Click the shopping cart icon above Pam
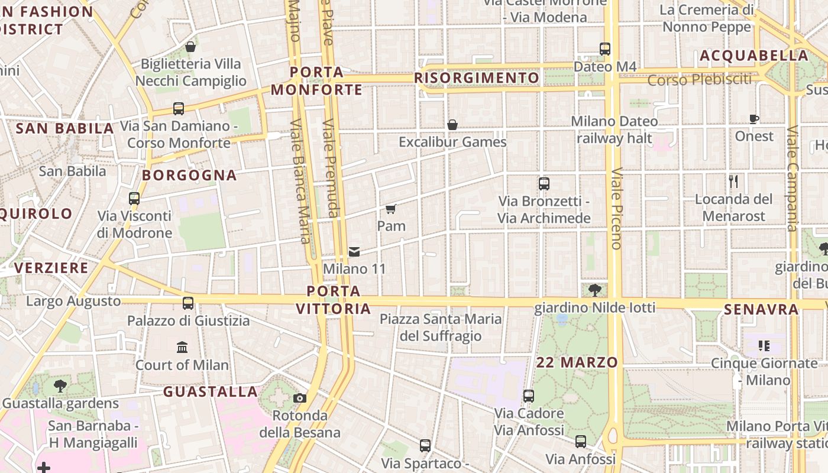point(390,209)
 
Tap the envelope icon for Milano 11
point(354,252)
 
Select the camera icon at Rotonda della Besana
point(300,398)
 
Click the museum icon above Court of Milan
point(182,347)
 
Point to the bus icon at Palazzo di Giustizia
point(188,303)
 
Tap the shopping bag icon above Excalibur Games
point(452,125)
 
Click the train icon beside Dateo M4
point(605,48)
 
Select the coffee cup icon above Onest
point(754,119)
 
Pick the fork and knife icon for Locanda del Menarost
point(733,181)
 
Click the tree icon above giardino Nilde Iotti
point(595,290)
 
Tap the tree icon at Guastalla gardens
point(60,386)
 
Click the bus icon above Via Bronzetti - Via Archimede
point(544,183)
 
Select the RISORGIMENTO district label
point(477,78)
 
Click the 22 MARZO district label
point(577,362)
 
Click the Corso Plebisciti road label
point(700,79)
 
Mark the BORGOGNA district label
point(189,175)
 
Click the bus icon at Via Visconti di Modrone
point(134,198)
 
